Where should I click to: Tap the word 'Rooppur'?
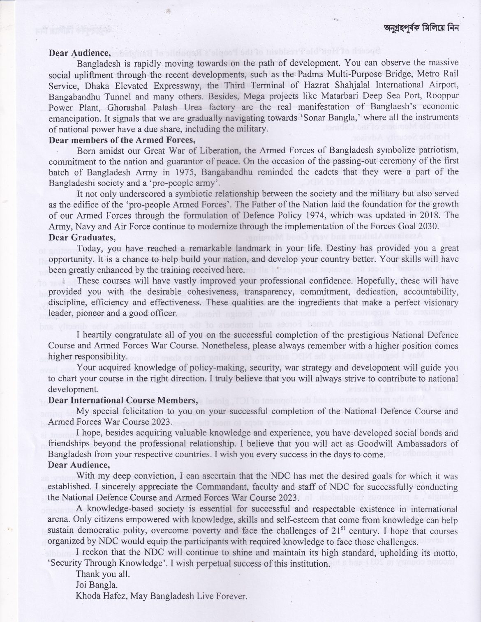tap(442, 97)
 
